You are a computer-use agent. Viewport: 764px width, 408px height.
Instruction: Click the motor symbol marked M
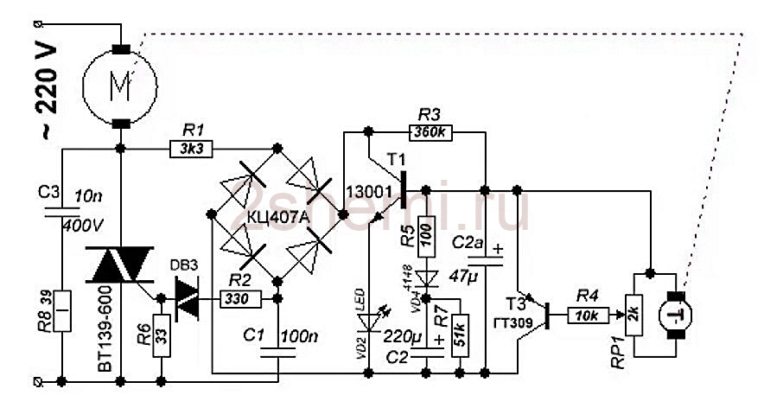point(120,86)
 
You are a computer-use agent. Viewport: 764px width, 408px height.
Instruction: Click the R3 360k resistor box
point(430,134)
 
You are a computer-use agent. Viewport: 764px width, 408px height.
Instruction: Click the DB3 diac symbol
point(187,298)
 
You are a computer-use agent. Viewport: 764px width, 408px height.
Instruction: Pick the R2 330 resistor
point(239,299)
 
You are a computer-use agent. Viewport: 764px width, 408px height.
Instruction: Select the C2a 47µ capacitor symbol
point(487,261)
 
